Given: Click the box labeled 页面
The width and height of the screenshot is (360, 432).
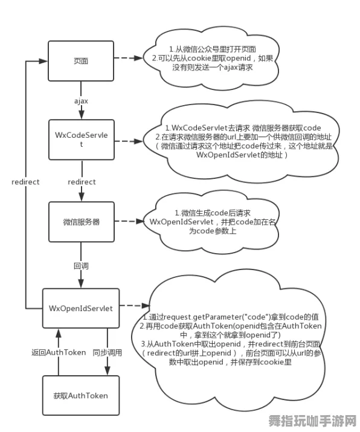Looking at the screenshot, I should (x=81, y=61).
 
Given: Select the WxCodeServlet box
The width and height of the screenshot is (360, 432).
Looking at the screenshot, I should (x=81, y=140).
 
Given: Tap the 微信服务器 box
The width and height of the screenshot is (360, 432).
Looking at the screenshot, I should (x=81, y=222).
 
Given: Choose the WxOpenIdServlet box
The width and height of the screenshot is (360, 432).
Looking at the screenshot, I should (x=81, y=308).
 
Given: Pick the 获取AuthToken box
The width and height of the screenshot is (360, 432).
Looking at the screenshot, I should (x=81, y=396).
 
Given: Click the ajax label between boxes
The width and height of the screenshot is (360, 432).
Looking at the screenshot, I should (x=81, y=101).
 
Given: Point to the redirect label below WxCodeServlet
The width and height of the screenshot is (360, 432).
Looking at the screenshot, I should (x=82, y=182).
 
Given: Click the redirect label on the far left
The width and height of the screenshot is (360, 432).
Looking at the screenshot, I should (x=25, y=182).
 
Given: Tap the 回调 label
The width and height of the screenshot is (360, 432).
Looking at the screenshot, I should (x=81, y=265).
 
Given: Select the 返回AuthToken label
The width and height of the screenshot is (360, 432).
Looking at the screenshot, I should (x=50, y=352).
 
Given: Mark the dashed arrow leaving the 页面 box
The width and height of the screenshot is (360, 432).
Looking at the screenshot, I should (x=132, y=59).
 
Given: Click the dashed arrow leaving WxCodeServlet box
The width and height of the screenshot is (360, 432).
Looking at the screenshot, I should (x=132, y=141).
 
